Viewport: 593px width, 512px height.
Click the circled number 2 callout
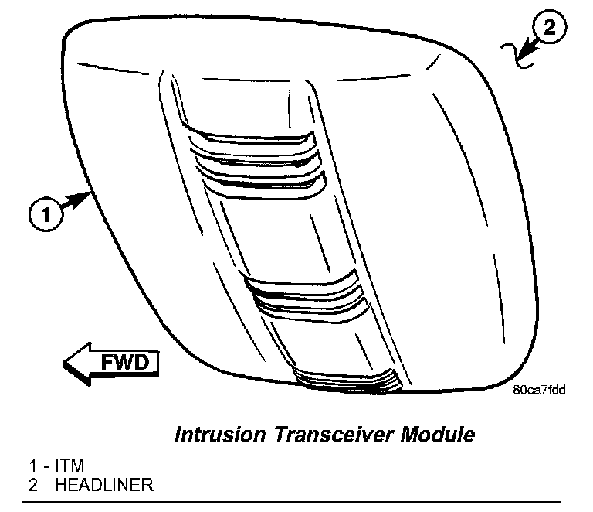click(x=548, y=29)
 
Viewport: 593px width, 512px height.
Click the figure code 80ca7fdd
click(x=538, y=390)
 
